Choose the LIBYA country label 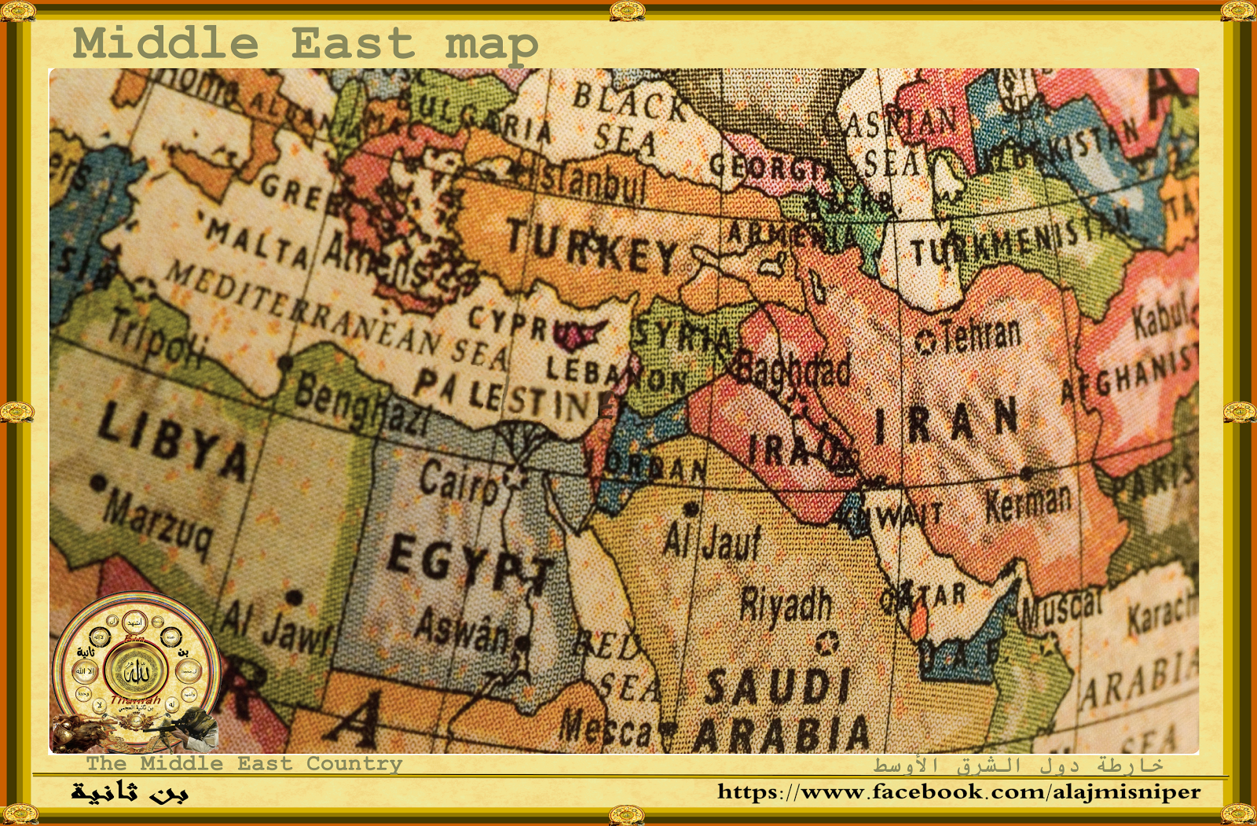tap(173, 440)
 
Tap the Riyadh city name tap(786, 604)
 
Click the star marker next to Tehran tap(926, 343)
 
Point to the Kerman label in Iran tap(1028, 503)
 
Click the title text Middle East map tap(306, 43)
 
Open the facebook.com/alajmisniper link tap(958, 791)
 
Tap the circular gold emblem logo tap(136, 670)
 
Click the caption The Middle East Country tap(244, 763)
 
